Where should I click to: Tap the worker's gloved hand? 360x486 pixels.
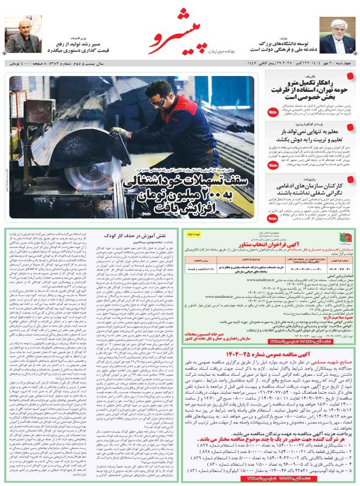[x=121, y=132]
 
